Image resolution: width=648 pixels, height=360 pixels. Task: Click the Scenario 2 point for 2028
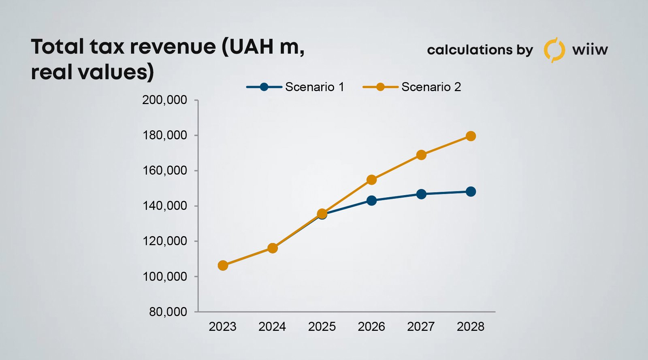click(x=471, y=136)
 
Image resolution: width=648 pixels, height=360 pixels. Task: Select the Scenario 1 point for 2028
click(x=471, y=192)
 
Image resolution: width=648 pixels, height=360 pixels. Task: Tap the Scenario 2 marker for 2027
click(x=421, y=155)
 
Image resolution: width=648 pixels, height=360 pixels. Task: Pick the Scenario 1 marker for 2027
click(x=421, y=194)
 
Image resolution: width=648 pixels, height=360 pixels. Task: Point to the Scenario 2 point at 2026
click(x=371, y=180)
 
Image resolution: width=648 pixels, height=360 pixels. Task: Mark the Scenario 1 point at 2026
click(x=371, y=200)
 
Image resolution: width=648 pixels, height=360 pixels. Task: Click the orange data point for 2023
click(x=223, y=266)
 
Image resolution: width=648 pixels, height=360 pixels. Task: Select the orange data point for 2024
click(x=273, y=248)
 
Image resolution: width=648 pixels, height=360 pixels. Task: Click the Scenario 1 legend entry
click(x=296, y=87)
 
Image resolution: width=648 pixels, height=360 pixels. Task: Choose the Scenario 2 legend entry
click(x=412, y=87)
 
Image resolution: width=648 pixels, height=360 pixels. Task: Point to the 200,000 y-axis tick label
click(x=164, y=100)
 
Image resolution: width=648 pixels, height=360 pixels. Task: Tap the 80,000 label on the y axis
click(x=168, y=312)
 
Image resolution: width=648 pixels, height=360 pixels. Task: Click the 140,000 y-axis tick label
click(x=164, y=206)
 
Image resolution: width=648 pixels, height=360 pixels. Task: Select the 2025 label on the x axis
click(x=322, y=327)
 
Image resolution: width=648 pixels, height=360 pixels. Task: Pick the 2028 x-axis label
click(x=471, y=327)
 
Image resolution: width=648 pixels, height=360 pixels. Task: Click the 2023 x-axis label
click(x=223, y=327)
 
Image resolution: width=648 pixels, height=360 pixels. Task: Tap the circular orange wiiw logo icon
click(x=554, y=50)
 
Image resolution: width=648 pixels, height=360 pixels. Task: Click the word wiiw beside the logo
click(x=590, y=50)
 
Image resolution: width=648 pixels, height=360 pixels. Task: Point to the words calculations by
click(x=480, y=50)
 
